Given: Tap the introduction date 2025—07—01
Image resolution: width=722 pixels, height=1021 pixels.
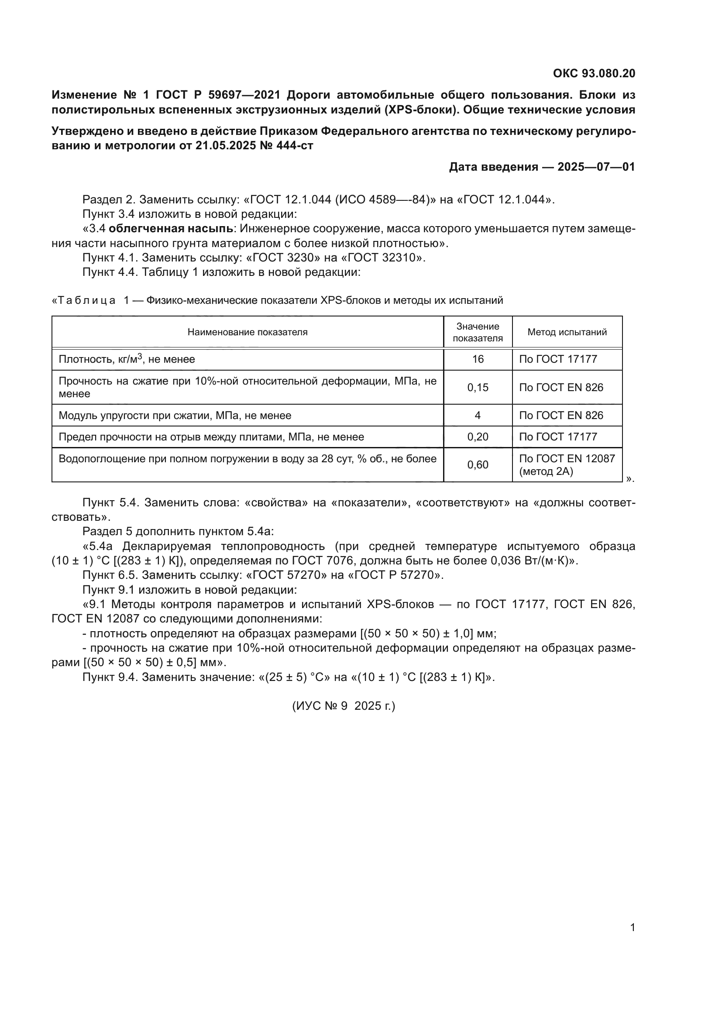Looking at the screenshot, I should pos(596,167).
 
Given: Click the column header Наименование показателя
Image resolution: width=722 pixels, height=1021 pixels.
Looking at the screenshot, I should pos(247,332).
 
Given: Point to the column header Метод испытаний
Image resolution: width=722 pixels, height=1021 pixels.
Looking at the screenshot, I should pos(567,332).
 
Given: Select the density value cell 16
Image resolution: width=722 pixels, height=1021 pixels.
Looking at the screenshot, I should pos(478,359).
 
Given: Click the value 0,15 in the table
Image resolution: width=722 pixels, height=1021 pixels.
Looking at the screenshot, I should pos(478,387).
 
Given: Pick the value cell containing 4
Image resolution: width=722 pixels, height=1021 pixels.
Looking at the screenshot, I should pos(478,415).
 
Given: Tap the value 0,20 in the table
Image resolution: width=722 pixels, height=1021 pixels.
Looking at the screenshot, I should pos(478,437).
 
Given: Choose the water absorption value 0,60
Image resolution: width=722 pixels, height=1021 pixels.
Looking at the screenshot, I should pos(478,465).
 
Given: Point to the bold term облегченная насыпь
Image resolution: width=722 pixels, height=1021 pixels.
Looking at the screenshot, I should pos(171,229).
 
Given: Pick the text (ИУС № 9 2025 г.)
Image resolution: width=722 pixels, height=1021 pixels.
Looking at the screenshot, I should pos(343,706).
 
